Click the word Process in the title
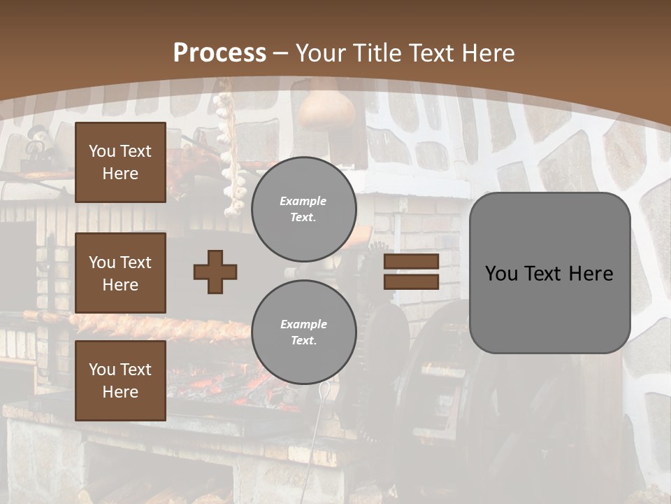[219, 53]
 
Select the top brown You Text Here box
[120, 162]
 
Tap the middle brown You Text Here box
[120, 273]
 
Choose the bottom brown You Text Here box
[120, 380]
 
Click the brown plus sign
[215, 272]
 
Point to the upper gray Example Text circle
[303, 209]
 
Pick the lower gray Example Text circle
[303, 332]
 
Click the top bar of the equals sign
[411, 262]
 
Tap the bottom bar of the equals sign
[411, 281]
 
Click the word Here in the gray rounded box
[591, 274]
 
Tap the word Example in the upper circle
[303, 201]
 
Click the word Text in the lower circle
[303, 340]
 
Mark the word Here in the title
[486, 53]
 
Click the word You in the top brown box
[102, 151]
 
